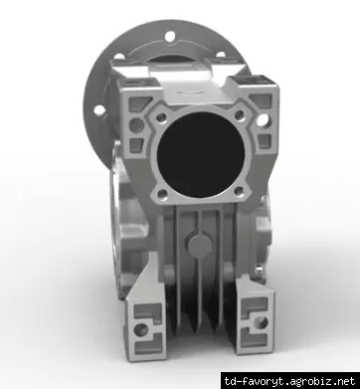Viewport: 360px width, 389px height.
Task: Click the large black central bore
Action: [x=201, y=155]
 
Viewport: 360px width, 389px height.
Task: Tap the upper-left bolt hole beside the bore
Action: [x=161, y=117]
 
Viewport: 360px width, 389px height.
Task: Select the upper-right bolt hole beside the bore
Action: [x=240, y=115]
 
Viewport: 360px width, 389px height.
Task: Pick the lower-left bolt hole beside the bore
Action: [x=162, y=194]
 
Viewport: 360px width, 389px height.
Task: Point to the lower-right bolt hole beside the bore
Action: [x=239, y=191]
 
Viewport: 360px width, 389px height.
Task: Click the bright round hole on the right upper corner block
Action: [x=262, y=120]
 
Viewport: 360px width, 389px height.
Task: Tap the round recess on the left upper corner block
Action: [x=136, y=125]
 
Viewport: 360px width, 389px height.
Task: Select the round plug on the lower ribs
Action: [x=200, y=244]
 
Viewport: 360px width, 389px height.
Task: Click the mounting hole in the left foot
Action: [x=141, y=329]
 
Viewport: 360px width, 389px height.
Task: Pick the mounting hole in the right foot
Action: [x=262, y=322]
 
